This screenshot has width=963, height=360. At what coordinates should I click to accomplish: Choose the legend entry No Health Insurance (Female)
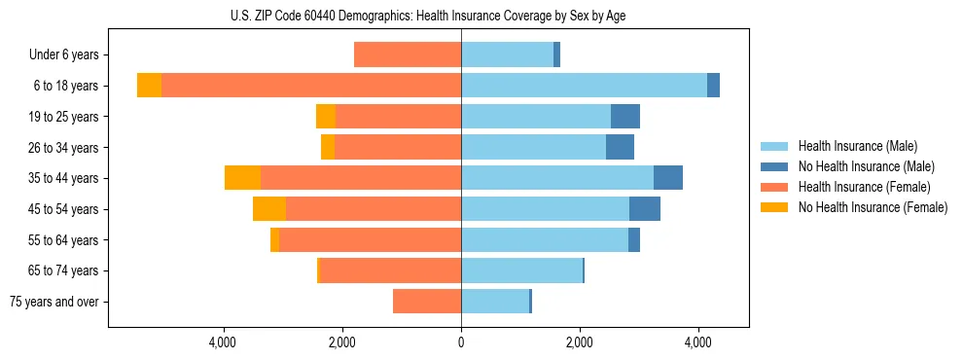tap(872, 207)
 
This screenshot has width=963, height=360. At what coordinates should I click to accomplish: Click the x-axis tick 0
tap(461, 342)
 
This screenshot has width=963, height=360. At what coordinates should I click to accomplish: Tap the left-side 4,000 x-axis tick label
tap(224, 342)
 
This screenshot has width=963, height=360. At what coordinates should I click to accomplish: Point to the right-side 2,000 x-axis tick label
tap(580, 342)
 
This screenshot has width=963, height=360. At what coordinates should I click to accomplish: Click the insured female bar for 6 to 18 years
tap(311, 86)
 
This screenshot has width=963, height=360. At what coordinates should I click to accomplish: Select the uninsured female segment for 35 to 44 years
tap(242, 178)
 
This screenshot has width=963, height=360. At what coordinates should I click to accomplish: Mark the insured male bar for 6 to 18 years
tap(584, 86)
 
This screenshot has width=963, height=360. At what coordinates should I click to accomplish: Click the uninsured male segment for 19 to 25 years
tap(625, 116)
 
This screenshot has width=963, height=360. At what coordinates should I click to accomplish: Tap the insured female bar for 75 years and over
tap(427, 302)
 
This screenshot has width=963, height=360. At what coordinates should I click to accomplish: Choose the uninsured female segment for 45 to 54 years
tap(269, 209)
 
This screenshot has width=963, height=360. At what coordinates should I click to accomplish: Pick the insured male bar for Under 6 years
tap(507, 54)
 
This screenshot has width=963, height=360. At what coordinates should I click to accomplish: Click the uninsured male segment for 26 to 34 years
tap(620, 147)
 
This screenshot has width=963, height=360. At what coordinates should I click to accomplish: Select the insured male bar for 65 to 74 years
tap(521, 270)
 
